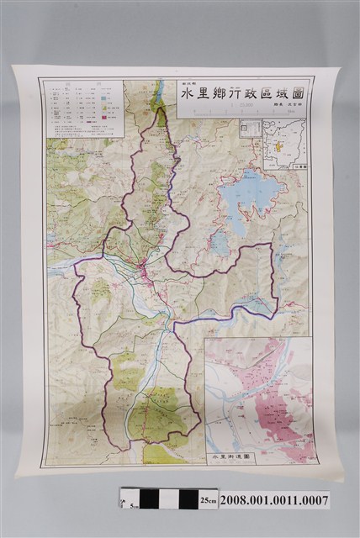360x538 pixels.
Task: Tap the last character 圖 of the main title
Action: (x=298, y=93)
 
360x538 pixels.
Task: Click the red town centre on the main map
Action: (x=144, y=270)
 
